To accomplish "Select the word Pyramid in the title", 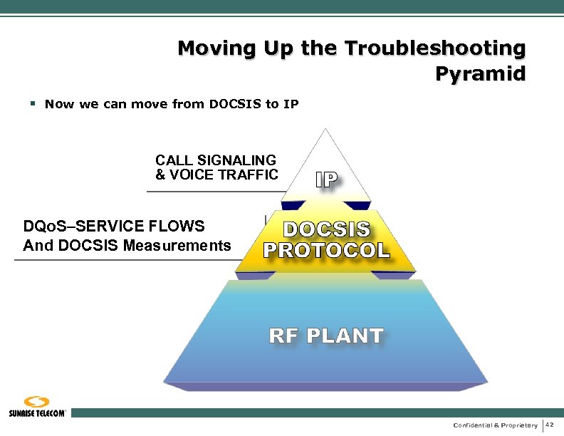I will tap(480, 73).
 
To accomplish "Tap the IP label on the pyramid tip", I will tap(327, 180).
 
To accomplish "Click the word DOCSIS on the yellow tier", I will tap(327, 229).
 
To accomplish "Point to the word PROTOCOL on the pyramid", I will tap(327, 250).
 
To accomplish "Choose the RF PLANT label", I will tap(326, 336).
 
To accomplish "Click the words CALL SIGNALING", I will tap(216, 160).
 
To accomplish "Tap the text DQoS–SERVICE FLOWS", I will tap(114, 227).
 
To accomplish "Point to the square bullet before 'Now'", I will tap(33, 104).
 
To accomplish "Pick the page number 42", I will tap(550, 425).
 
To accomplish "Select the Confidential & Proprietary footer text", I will tap(495, 425).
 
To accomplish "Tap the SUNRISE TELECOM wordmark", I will tap(38, 413).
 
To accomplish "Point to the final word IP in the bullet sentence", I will tap(291, 105).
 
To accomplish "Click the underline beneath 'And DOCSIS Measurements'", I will tap(125, 260).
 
